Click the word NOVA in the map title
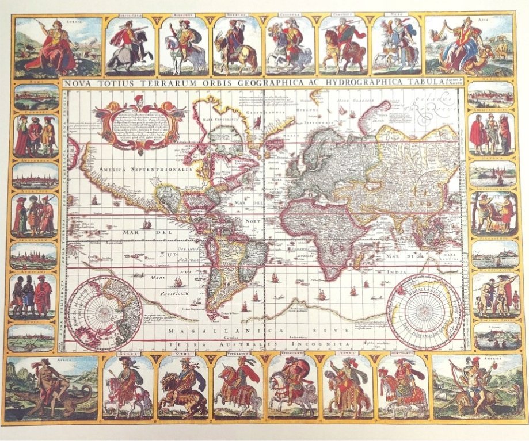79,83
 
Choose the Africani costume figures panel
33,297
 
